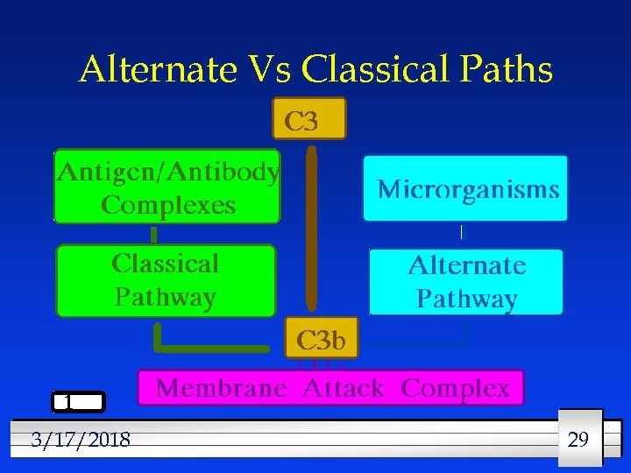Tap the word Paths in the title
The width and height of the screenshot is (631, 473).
coord(508,70)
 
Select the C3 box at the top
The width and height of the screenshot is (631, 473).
coord(309,118)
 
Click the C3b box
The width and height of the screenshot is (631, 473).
coord(322,338)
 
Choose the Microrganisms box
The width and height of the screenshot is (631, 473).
coord(466,188)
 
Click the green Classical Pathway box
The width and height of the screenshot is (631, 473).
coord(166,281)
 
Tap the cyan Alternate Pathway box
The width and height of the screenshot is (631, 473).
coord(466,282)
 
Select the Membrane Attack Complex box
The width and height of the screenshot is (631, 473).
coord(331,388)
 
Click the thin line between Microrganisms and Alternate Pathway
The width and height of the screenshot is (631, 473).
coord(461,233)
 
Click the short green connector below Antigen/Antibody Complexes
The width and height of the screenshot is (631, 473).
coord(153,234)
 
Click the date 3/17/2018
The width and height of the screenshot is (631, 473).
coord(80,439)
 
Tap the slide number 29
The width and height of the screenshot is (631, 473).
coord(578,439)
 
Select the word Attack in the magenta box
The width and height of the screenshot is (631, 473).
coord(343,388)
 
